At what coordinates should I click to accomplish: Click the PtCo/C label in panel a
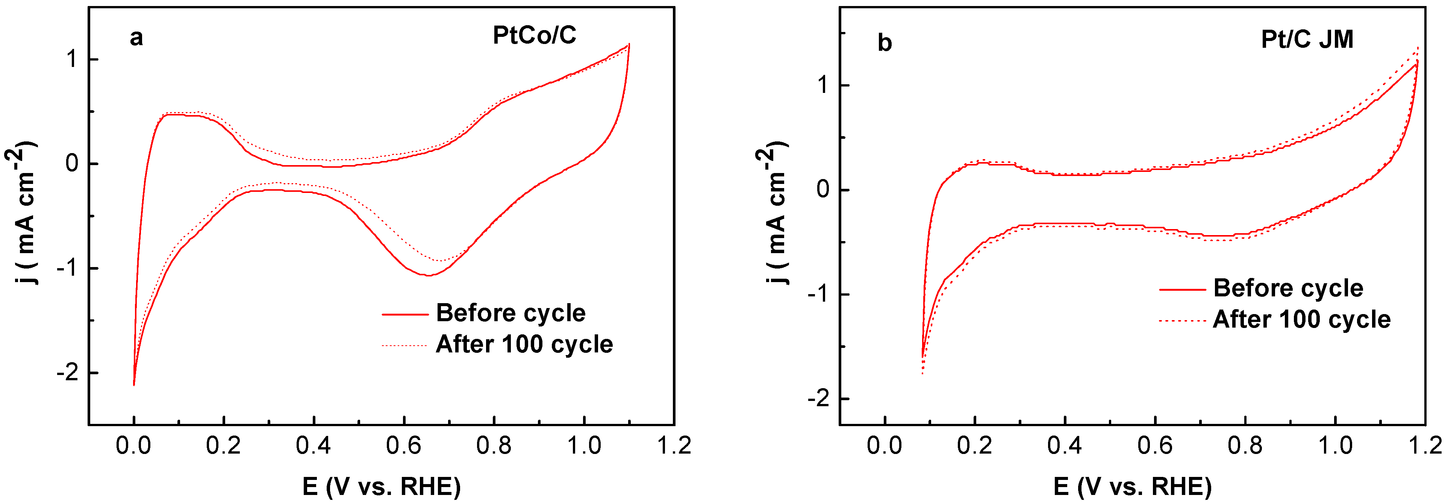tap(534, 35)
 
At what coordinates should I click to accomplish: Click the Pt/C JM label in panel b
tap(1307, 39)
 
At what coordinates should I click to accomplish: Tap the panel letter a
tap(136, 38)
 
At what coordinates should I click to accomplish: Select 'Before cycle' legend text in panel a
tap(510, 313)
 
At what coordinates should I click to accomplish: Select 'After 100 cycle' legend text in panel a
tap(524, 344)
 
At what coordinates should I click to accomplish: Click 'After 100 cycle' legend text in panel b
tap(1302, 319)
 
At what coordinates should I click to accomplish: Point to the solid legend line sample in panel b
tap(1182, 290)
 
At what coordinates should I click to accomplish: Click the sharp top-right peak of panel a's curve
tap(629, 44)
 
